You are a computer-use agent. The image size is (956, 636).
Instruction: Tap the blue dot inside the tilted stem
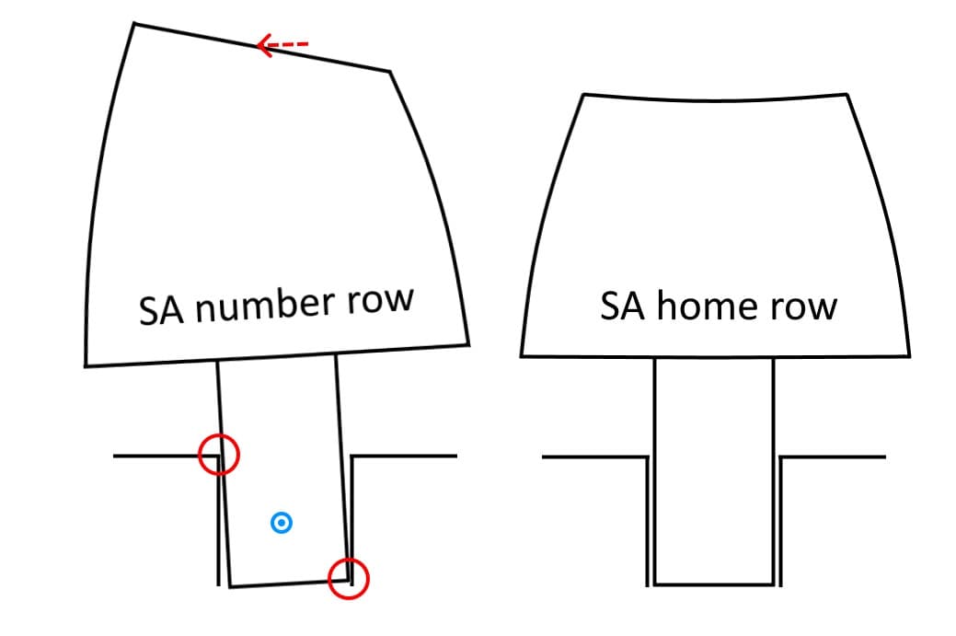point(282,524)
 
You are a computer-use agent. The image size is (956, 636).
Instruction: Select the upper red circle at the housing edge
point(219,455)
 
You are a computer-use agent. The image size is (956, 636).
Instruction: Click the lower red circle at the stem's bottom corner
point(349,578)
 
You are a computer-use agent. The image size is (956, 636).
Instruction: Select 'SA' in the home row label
point(624,305)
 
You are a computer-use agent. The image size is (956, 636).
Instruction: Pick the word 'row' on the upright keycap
point(807,306)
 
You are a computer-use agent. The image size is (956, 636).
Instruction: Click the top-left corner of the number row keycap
point(135,24)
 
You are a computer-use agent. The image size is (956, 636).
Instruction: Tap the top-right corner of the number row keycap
point(390,71)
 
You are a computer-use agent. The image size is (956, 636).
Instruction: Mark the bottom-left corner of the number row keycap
point(86,365)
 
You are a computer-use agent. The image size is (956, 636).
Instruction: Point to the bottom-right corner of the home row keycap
point(909,355)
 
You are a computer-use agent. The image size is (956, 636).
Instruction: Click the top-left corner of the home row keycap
point(584,95)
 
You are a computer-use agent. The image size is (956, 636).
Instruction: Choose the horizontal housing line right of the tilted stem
point(405,456)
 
